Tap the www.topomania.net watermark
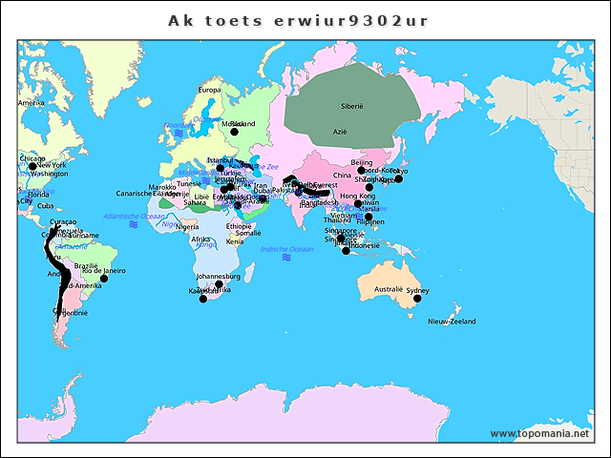pyautogui.click(x=539, y=434)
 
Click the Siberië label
pyautogui.click(x=352, y=106)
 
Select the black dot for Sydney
pyautogui.click(x=417, y=299)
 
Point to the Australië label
pyautogui.click(x=388, y=288)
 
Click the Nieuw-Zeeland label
pyautogui.click(x=452, y=322)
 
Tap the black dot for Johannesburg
pyautogui.click(x=219, y=284)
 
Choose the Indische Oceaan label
pyautogui.click(x=286, y=248)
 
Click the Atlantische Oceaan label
pyautogui.click(x=134, y=217)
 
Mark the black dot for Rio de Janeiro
pyautogui.click(x=104, y=279)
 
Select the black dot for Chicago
pyautogui.click(x=32, y=166)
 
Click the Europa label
pyautogui.click(x=209, y=90)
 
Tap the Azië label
pyautogui.click(x=340, y=131)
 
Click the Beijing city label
pyautogui.click(x=362, y=162)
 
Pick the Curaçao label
pyautogui.click(x=51, y=221)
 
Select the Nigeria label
pyautogui.click(x=188, y=226)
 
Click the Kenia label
pyautogui.click(x=235, y=241)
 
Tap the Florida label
pyautogui.click(x=38, y=194)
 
